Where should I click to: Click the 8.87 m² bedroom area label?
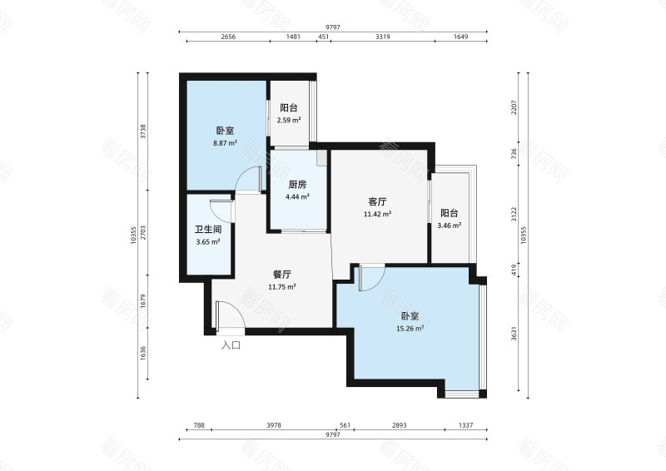click(x=224, y=142)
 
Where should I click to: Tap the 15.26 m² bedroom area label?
click(x=410, y=328)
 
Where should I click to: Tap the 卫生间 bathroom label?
click(x=207, y=230)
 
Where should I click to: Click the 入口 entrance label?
click(x=231, y=345)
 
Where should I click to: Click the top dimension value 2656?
click(x=231, y=37)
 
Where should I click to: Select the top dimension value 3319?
click(x=384, y=37)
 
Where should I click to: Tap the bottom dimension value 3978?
click(x=274, y=425)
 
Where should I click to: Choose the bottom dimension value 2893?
click(x=399, y=425)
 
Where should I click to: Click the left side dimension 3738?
click(x=143, y=132)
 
